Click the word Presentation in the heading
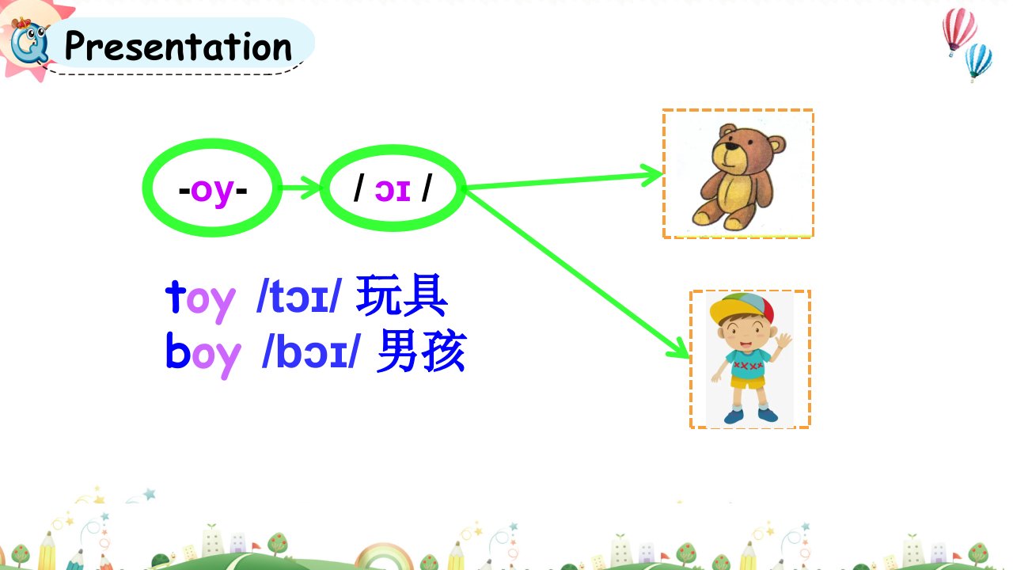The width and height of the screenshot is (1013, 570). (x=178, y=46)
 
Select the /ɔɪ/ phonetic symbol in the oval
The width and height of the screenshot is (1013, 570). (x=393, y=189)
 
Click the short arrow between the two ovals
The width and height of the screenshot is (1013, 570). (x=299, y=187)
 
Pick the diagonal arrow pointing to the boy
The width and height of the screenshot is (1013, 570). (x=578, y=274)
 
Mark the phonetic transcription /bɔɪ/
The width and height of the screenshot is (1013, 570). (x=311, y=351)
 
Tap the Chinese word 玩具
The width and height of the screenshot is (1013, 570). (x=402, y=296)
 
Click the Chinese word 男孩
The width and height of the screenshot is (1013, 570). (x=422, y=351)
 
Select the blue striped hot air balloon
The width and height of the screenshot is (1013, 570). (x=979, y=62)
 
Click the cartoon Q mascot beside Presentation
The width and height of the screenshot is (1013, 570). (x=30, y=42)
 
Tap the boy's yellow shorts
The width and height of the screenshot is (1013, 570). (x=749, y=382)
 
